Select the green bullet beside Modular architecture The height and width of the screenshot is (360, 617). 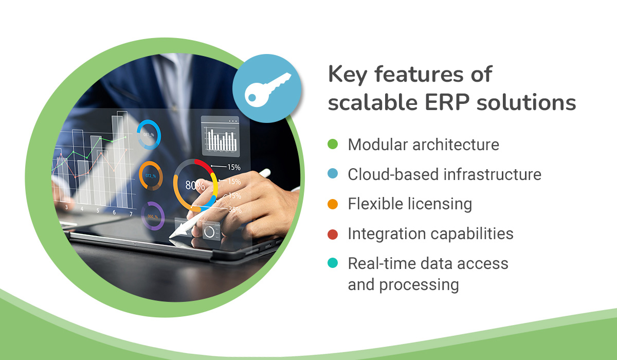point(333,145)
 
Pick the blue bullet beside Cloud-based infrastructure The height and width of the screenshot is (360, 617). point(333,174)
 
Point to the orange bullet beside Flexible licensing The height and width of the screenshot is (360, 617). point(333,204)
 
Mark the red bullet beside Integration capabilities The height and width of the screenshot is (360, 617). point(333,234)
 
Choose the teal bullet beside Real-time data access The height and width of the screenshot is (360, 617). point(333,264)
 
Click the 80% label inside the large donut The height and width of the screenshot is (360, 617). point(195,186)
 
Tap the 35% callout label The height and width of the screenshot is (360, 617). point(234,209)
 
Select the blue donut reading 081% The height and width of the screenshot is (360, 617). point(149,135)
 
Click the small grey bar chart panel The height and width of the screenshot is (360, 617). point(220,135)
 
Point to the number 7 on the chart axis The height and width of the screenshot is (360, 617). point(131,213)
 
